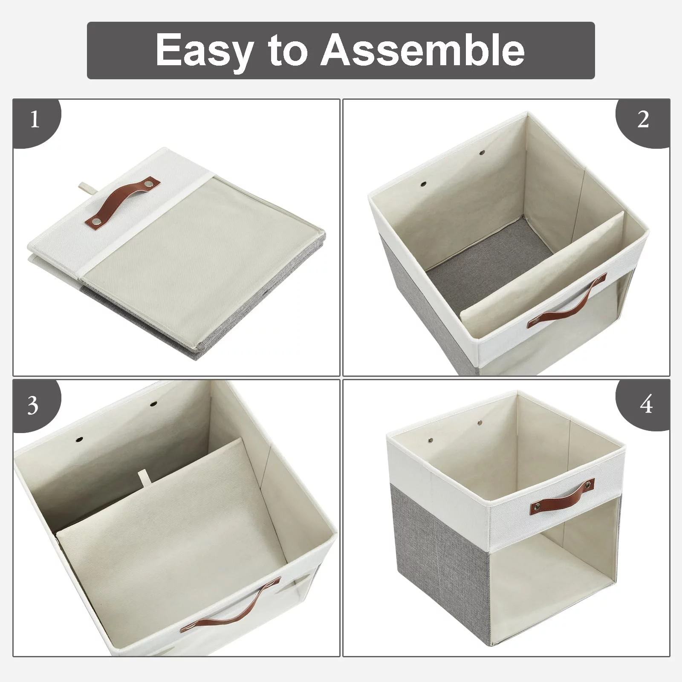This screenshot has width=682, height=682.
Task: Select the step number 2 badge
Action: [x=643, y=122]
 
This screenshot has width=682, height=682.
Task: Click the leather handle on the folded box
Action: [x=123, y=201]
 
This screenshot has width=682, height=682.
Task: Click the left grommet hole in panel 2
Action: [x=423, y=184]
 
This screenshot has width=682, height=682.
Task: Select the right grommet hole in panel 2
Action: [x=483, y=152]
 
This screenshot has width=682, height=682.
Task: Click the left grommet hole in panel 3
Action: [x=79, y=439]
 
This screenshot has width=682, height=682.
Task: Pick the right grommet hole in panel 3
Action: [x=153, y=403]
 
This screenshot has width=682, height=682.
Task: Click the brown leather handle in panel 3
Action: [x=230, y=603]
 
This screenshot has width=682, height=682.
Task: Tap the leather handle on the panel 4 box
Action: [x=562, y=496]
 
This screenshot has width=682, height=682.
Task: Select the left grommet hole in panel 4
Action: [x=431, y=440]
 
